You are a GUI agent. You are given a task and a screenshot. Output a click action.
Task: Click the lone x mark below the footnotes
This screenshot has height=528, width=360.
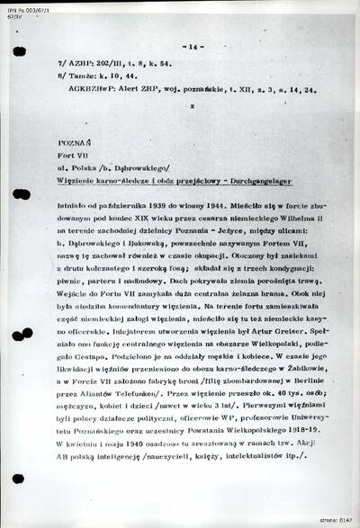(192, 105)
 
